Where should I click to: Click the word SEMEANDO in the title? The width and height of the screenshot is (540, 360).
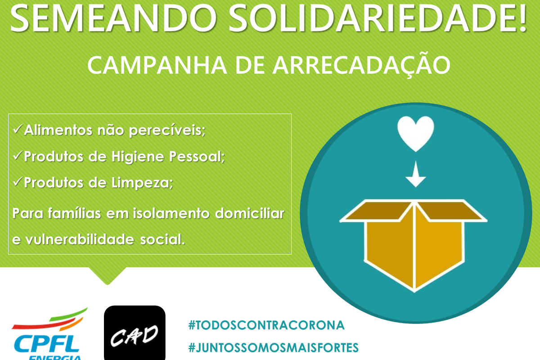point(113,18)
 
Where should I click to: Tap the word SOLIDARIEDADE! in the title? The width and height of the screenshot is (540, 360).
point(378,18)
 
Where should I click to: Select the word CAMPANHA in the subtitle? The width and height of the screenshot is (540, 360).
point(157,65)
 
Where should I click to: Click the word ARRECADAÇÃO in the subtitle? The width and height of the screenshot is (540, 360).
point(362,64)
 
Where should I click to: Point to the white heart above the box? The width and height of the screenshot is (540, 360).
point(416,133)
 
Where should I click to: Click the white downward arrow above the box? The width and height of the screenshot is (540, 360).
point(416,174)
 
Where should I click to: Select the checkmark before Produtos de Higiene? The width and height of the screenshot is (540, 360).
point(18,155)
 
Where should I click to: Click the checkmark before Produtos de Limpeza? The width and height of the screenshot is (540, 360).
point(18,181)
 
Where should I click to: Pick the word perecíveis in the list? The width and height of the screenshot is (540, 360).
point(167,130)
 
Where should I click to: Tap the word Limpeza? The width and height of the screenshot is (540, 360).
point(142,183)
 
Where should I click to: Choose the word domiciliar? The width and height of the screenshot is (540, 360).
point(250,213)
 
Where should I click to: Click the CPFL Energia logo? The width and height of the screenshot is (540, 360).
point(49,334)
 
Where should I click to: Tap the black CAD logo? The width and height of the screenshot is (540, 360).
point(135,333)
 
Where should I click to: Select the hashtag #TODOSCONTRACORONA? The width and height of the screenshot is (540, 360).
point(266,325)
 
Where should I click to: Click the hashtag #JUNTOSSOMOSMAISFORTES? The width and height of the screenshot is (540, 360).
point(274,348)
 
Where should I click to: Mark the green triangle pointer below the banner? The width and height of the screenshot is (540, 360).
point(108,275)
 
